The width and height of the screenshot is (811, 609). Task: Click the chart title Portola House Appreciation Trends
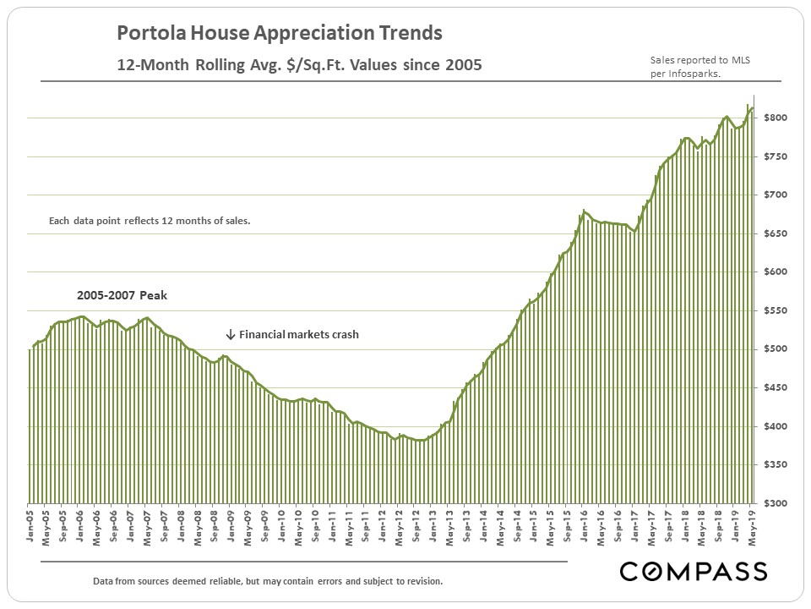click(x=279, y=34)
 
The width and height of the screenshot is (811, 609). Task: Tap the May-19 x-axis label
click(x=751, y=527)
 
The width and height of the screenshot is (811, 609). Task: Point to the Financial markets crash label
click(x=299, y=334)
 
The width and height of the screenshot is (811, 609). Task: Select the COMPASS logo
click(x=694, y=571)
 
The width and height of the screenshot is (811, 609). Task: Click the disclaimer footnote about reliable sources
click(x=268, y=582)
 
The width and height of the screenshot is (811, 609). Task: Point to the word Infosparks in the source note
click(x=708, y=74)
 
